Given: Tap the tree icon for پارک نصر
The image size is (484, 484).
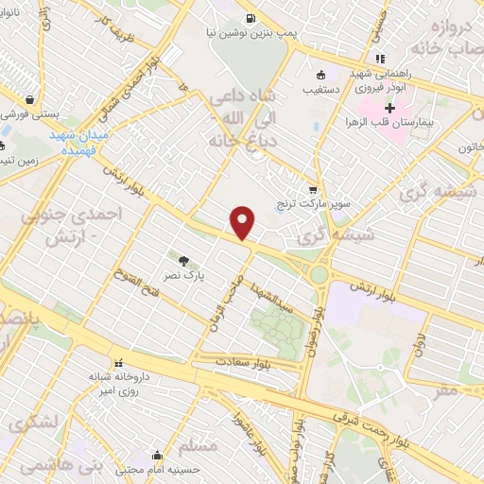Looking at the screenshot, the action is coord(182,257).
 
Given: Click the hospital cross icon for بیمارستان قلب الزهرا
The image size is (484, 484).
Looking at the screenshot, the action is coord(389,110).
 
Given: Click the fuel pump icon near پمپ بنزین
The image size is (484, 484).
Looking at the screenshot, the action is coord(250,17).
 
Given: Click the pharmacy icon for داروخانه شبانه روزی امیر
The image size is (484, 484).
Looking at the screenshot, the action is coord(119,362).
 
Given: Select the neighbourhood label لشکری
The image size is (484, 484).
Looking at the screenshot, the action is coord(32,421).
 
